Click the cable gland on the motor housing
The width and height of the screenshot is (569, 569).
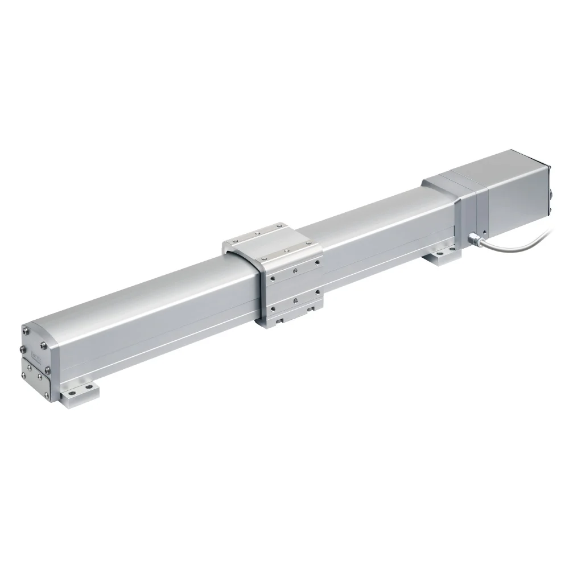(x=473, y=238)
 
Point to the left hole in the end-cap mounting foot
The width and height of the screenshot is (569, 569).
(x=67, y=393)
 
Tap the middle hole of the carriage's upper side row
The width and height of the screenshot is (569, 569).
(x=294, y=270)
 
